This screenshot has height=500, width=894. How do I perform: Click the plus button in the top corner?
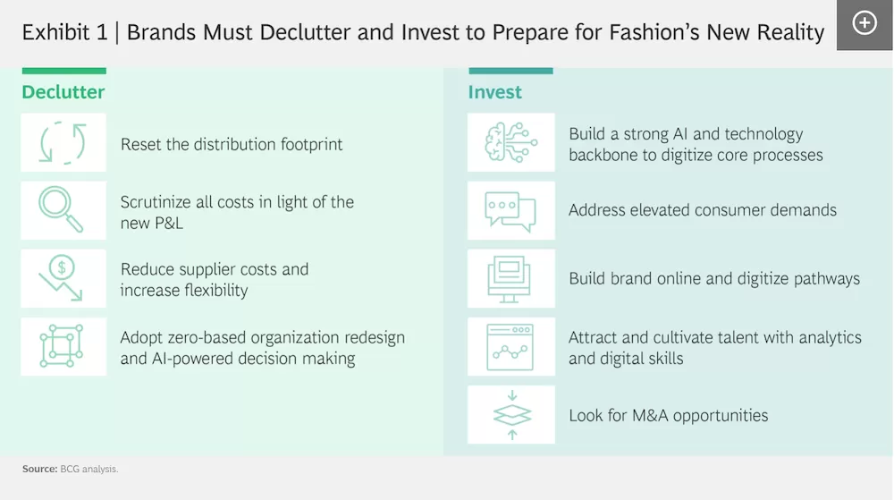click(864, 23)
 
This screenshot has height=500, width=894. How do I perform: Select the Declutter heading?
click(63, 92)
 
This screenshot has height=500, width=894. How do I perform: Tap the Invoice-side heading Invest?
click(495, 92)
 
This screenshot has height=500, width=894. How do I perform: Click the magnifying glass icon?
click(61, 209)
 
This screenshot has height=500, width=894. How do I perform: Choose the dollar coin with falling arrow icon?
click(61, 277)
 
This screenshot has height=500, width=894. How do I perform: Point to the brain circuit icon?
click(510, 142)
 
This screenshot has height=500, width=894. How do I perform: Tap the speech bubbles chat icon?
click(510, 211)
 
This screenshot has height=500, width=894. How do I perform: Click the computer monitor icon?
click(510, 279)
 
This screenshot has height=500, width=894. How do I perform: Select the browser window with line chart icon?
click(510, 347)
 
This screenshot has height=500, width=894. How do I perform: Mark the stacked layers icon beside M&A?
click(512, 415)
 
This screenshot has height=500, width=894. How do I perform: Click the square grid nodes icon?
click(62, 345)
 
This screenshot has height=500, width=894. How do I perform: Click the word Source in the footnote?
click(40, 470)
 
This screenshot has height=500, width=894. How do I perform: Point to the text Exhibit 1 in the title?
click(65, 32)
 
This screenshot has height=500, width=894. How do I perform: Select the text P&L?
click(168, 223)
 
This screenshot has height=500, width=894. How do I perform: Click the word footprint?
click(311, 145)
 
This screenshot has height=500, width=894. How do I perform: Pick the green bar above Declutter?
click(63, 71)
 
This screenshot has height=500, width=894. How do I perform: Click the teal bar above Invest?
click(510, 71)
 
